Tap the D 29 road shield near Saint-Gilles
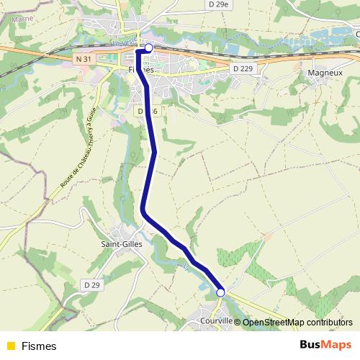tap(91, 285)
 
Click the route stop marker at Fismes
tap(149, 48)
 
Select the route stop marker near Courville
tap(220, 292)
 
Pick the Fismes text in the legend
tap(39, 346)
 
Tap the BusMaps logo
tap(320, 345)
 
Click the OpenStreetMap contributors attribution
tap(297, 323)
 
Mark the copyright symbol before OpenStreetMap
tap(238, 323)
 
